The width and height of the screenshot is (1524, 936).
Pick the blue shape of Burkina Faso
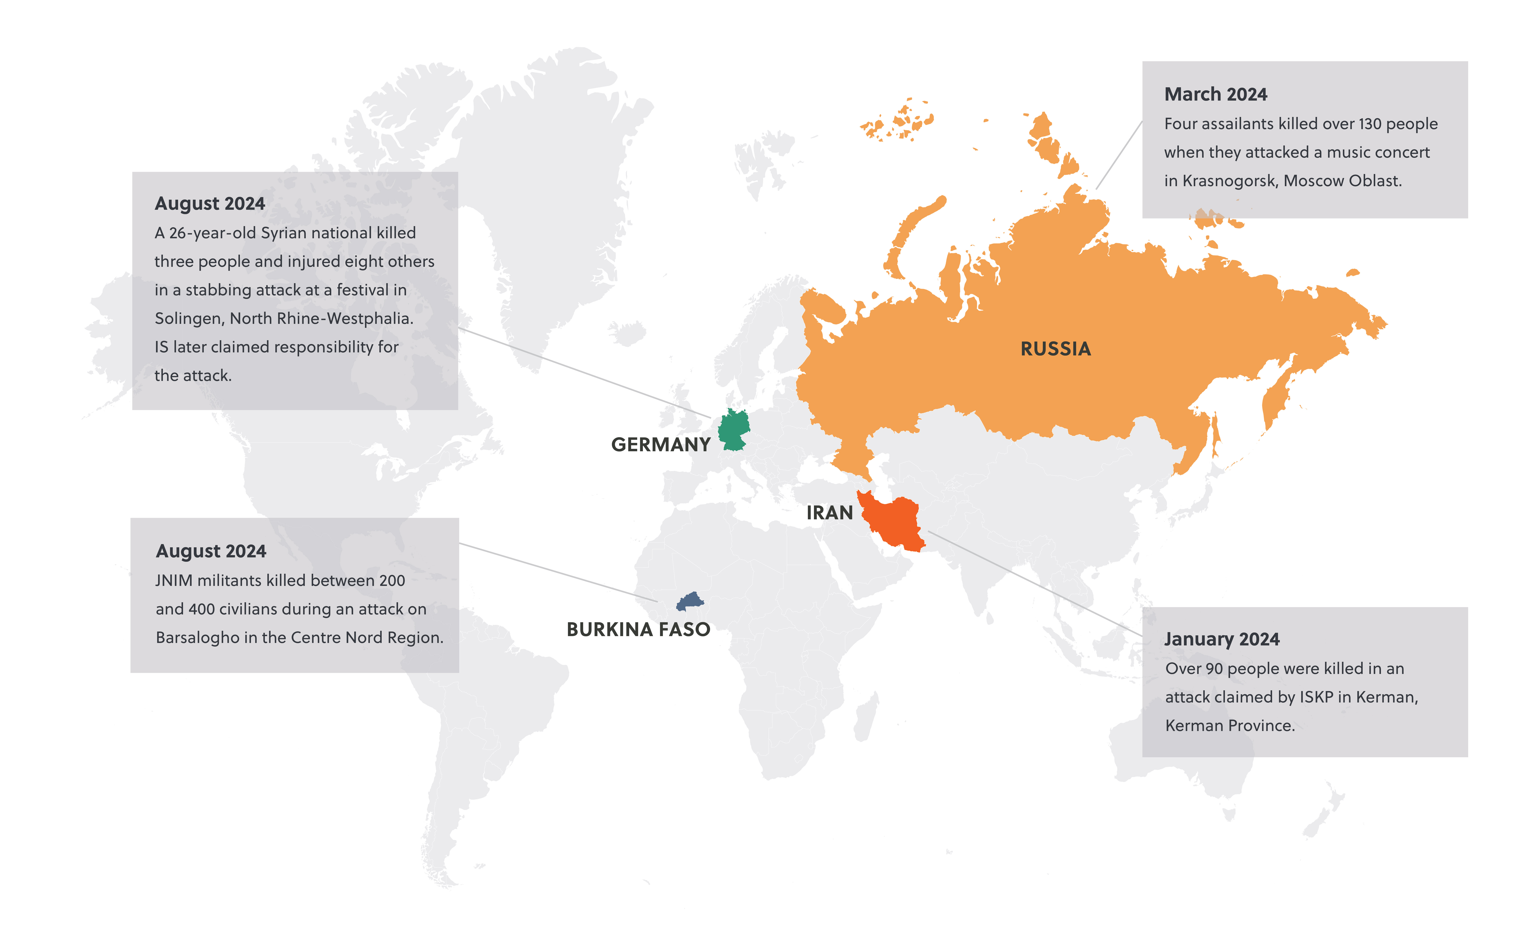point(690,601)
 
